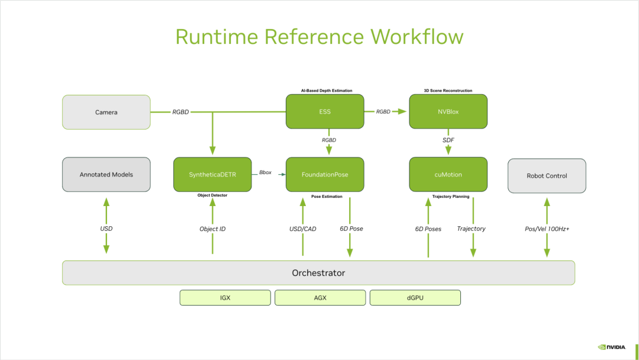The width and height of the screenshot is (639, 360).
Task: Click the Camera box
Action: pyautogui.click(x=106, y=112)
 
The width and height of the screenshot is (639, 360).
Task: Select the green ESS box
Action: pyautogui.click(x=324, y=112)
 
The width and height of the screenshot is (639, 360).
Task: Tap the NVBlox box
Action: pyautogui.click(x=448, y=112)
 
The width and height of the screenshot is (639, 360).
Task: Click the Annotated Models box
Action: pyautogui.click(x=106, y=175)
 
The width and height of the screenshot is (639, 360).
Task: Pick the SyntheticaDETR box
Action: pyautogui.click(x=212, y=175)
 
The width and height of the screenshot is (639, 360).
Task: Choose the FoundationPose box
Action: pyautogui.click(x=324, y=175)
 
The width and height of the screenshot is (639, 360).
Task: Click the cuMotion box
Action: pyautogui.click(x=448, y=175)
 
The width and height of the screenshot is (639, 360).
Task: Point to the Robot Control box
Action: pyautogui.click(x=547, y=176)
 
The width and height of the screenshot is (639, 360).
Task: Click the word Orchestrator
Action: pyautogui.click(x=318, y=273)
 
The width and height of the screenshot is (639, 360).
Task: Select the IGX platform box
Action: pyautogui.click(x=225, y=298)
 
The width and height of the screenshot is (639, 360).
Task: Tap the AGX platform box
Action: pyautogui.click(x=320, y=298)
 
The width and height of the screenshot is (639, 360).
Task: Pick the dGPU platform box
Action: pyautogui.click(x=415, y=298)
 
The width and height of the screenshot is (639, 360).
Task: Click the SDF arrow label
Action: pyautogui.click(x=448, y=140)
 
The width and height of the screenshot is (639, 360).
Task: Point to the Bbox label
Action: pyautogui.click(x=266, y=173)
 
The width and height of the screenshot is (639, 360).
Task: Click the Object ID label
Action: pyautogui.click(x=212, y=229)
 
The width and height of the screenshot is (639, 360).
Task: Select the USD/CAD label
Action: pyautogui.click(x=302, y=229)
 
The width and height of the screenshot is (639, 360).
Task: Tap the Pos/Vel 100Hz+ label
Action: pyautogui.click(x=547, y=229)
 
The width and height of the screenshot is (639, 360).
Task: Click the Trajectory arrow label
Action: pyautogui.click(x=472, y=229)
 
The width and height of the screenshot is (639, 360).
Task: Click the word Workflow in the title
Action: pyautogui.click(x=417, y=37)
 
